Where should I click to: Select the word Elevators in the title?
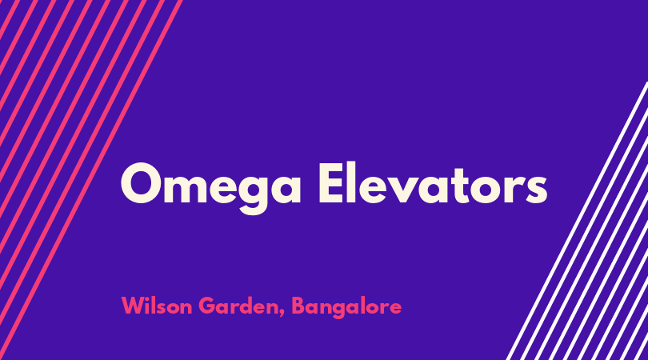coord(433,183)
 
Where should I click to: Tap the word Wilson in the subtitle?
coord(157,306)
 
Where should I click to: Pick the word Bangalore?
coord(346,307)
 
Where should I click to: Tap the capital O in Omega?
coord(141,183)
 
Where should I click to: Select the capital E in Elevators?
coord(331,183)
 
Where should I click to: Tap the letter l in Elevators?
coord(352,182)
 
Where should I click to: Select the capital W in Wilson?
coord(134,306)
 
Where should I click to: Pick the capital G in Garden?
coord(207,306)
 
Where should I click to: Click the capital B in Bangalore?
coord(298,306)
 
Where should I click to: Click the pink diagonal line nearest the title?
coord(91,180)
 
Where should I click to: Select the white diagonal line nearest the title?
coord(577,221)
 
